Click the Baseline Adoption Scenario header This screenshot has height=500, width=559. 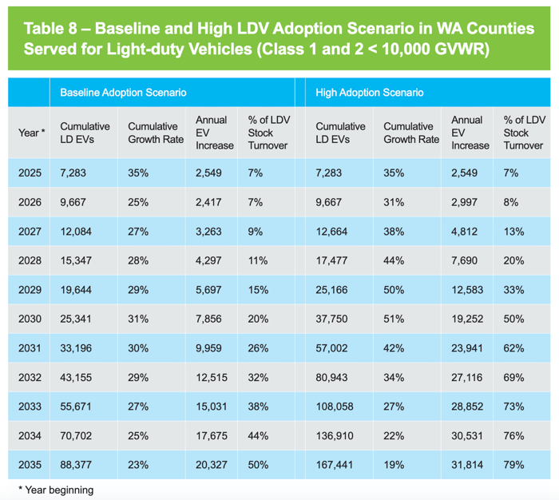click(123, 93)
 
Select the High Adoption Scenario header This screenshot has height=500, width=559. click(369, 93)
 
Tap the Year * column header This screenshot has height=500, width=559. click(31, 133)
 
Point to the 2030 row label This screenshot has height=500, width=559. click(30, 319)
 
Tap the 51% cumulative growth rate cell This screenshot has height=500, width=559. click(394, 319)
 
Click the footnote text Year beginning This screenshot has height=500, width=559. click(55, 490)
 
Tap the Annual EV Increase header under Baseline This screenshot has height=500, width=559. click(214, 133)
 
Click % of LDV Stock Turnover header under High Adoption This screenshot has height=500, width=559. click(523, 133)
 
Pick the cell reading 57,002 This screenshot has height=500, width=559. click(335, 348)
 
